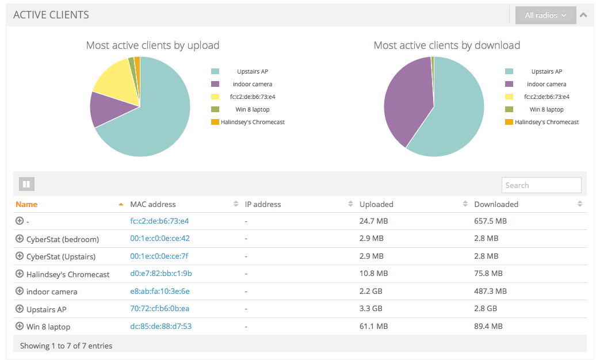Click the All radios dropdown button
(x=545, y=16)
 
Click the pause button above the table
(x=27, y=184)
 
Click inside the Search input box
(x=541, y=185)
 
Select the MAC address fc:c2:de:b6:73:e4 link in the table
(x=159, y=221)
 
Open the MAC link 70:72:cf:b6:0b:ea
(x=159, y=309)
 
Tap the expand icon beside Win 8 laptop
(x=20, y=326)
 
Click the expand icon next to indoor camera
(x=20, y=291)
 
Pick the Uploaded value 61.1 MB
(x=373, y=327)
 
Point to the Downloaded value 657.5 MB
(x=490, y=221)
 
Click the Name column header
(x=26, y=204)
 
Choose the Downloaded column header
(x=496, y=204)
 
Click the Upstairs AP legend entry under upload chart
(x=252, y=71)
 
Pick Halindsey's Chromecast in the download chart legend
(x=547, y=122)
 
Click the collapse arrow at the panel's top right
(x=583, y=15)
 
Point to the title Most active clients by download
(x=446, y=45)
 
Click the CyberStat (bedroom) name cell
(x=62, y=239)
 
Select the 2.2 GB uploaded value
(x=371, y=292)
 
